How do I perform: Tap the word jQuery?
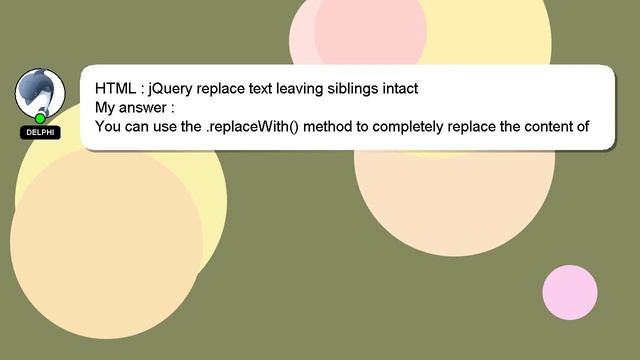click(171, 88)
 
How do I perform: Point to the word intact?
click(393, 88)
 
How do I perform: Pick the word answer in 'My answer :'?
click(144, 107)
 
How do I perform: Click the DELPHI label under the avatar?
click(41, 133)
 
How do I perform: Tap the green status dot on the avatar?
click(40, 119)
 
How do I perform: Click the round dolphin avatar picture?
click(40, 93)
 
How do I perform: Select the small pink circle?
click(569, 293)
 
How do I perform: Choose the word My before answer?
click(107, 107)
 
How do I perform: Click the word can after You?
click(138, 126)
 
